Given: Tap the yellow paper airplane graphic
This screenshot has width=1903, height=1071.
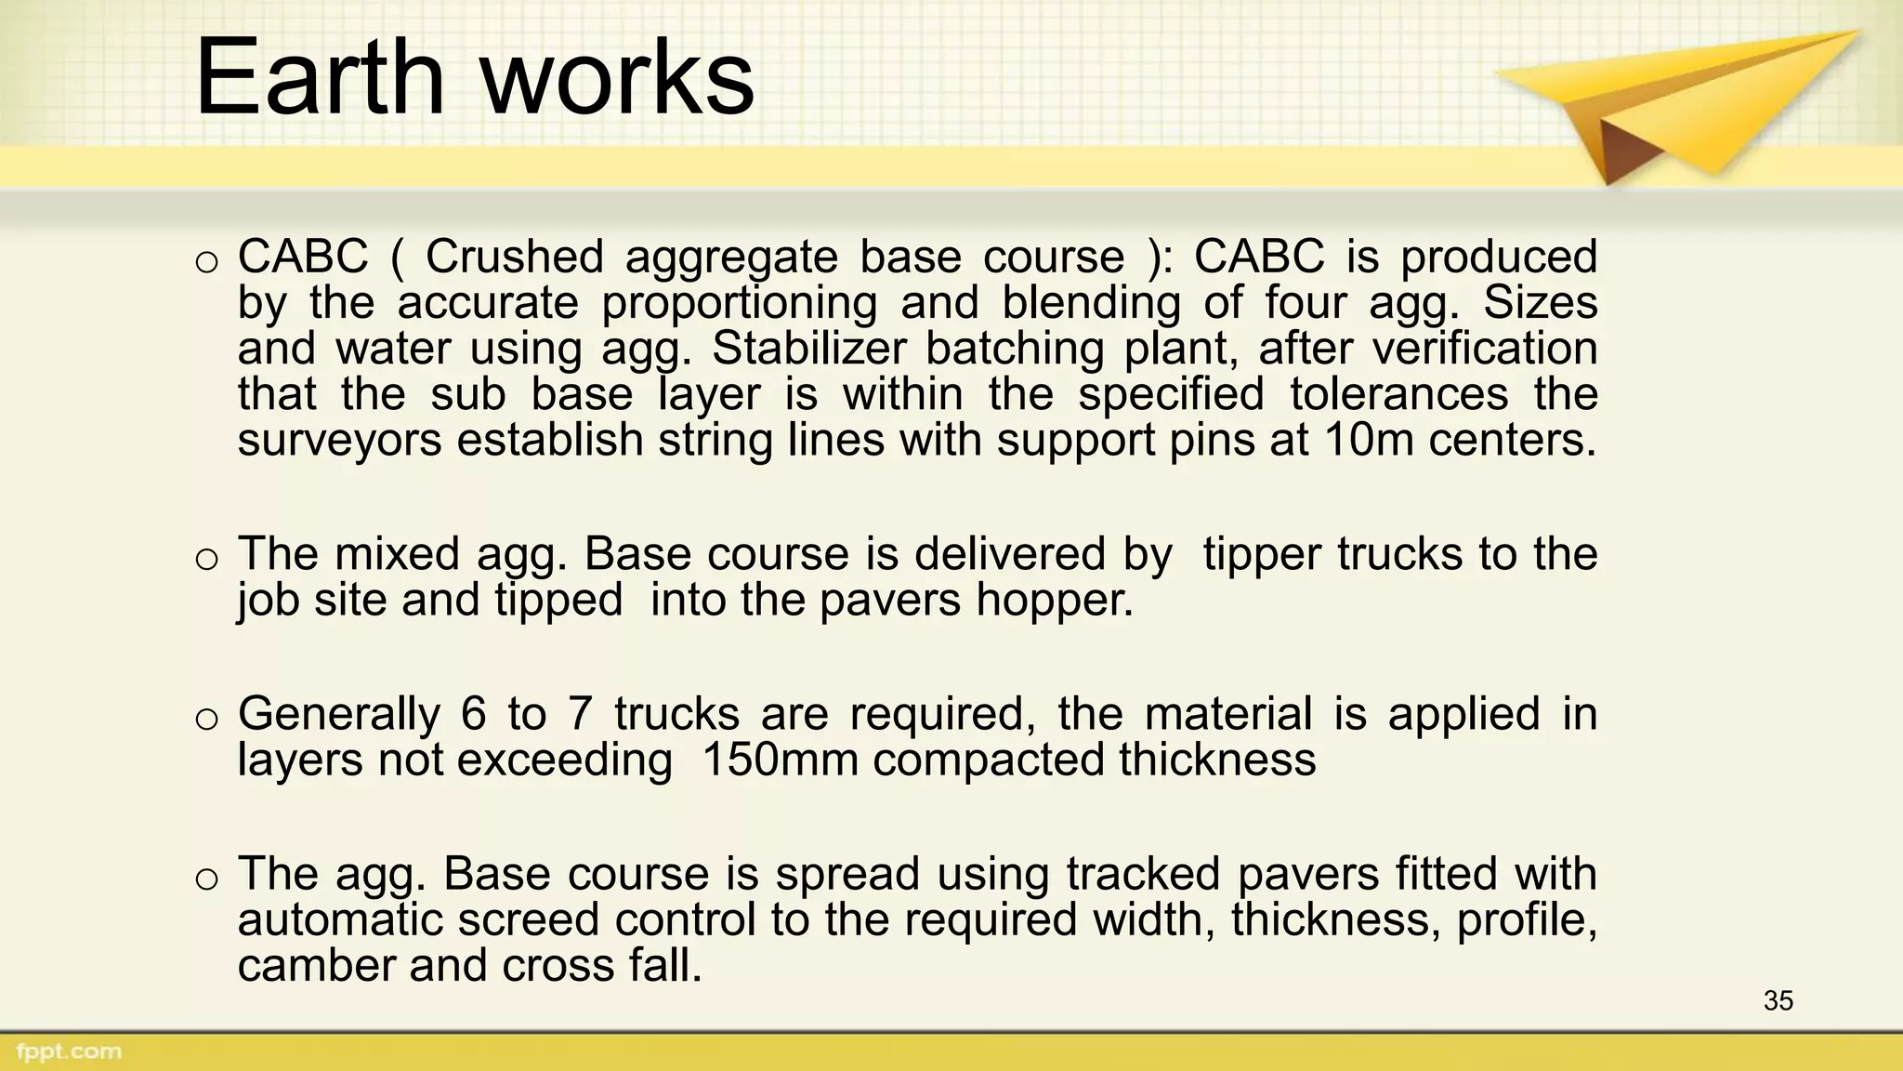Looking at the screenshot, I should pos(1673,102).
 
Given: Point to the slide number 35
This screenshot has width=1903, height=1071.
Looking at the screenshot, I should pos(1778,1001).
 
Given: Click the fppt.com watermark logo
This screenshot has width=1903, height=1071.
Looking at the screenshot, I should pos(69,1051).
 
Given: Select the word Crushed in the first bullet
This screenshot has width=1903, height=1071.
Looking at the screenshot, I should pos(514,257).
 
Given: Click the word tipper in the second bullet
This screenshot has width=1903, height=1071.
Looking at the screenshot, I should pos(1262,554).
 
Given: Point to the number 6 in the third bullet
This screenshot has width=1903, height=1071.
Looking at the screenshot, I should pos(473,714).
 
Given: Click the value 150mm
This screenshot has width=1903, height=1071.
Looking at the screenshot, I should pos(780,760).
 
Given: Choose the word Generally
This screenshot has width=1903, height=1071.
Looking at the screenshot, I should pos(338,714).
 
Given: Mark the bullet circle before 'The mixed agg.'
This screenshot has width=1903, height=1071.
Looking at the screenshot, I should pos(207,559).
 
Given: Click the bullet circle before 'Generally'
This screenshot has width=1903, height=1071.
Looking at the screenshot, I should pos(207,719).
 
